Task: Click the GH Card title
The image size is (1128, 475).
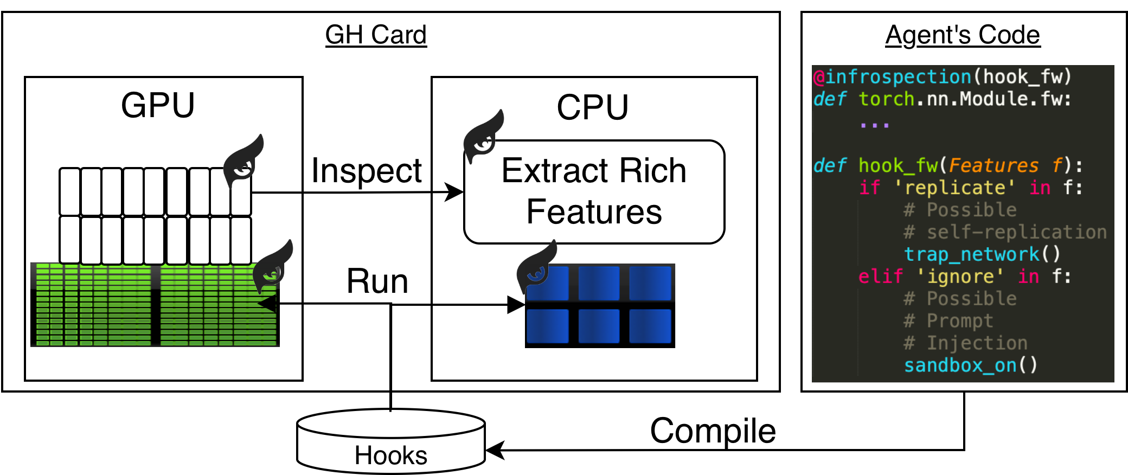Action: click(x=376, y=35)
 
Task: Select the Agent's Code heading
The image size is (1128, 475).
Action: click(x=963, y=35)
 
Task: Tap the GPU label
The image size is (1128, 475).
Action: click(x=157, y=105)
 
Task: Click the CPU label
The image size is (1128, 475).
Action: click(x=592, y=107)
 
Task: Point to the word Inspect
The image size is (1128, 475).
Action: click(x=367, y=171)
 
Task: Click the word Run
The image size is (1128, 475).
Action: click(x=377, y=281)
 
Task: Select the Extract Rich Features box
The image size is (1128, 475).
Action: click(x=594, y=191)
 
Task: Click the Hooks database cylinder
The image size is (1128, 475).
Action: click(x=390, y=442)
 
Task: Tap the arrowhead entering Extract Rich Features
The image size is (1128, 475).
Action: click(x=454, y=192)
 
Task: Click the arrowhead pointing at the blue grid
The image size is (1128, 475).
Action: click(x=516, y=305)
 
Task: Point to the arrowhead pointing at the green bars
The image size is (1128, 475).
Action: click(x=267, y=303)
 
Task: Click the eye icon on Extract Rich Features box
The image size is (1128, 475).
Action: click(x=483, y=138)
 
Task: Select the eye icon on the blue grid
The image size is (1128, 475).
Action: click(x=536, y=268)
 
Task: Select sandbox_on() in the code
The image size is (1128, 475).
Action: click(x=970, y=365)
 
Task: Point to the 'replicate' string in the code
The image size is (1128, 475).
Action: click(x=954, y=188)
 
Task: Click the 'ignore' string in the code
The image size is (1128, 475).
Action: click(x=960, y=277)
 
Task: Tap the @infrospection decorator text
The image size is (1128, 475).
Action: click(x=893, y=77)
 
